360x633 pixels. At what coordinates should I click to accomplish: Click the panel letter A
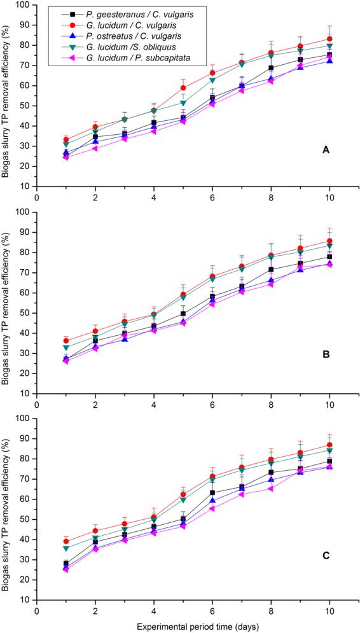325,150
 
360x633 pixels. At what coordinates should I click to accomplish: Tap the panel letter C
325,555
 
